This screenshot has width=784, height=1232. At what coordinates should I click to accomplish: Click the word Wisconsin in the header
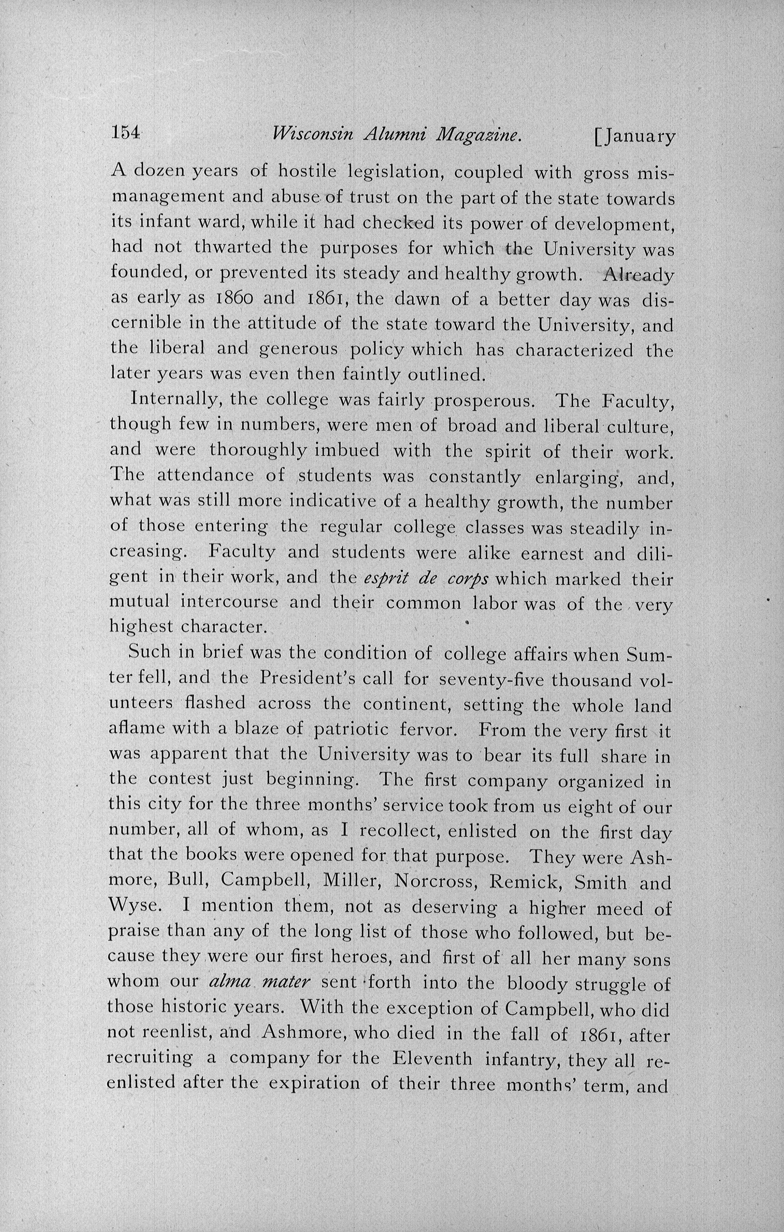click(x=313, y=134)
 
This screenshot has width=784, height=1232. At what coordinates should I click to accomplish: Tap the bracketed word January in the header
click(x=635, y=136)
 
